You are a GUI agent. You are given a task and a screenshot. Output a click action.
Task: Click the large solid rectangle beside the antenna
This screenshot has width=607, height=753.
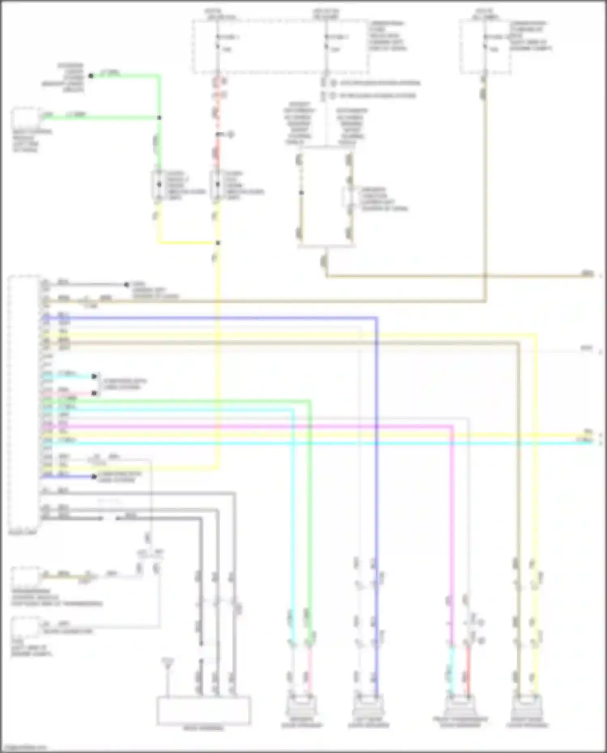pyautogui.click(x=204, y=711)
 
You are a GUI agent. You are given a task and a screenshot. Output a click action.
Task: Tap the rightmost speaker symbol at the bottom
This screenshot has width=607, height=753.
pyautogui.click(x=526, y=705)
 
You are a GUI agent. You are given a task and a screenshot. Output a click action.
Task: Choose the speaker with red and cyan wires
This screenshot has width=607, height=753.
pyautogui.click(x=460, y=705)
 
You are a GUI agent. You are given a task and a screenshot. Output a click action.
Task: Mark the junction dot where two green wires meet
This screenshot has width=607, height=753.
pyautogui.click(x=159, y=118)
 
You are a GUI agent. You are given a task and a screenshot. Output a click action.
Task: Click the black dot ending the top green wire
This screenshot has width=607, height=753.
pyautogui.click(x=91, y=76)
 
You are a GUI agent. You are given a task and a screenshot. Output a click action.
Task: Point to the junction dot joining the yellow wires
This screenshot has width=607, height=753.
pyautogui.click(x=218, y=243)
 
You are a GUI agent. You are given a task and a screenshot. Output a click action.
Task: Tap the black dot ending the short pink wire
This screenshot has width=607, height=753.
pyautogui.click(x=94, y=393)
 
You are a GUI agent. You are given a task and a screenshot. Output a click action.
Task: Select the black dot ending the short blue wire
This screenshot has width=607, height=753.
pyautogui.click(x=94, y=477)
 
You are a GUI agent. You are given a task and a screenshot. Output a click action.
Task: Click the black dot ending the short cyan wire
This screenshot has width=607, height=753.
pyautogui.click(x=94, y=376)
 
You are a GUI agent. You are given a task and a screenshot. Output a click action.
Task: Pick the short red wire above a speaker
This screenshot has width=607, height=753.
pyautogui.click(x=468, y=668)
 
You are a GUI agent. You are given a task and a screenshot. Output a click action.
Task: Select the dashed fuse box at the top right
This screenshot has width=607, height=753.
pyautogui.click(x=485, y=47)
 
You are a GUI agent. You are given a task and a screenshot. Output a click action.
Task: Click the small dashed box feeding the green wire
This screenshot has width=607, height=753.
pyautogui.click(x=26, y=117)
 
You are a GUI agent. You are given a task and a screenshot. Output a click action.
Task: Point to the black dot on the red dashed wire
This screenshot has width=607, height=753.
pyautogui.click(x=218, y=134)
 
